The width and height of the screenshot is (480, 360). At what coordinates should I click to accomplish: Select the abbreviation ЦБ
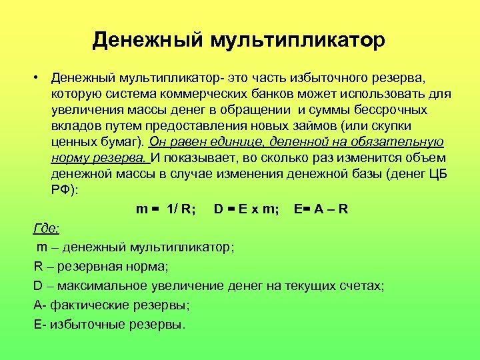pos(437,174)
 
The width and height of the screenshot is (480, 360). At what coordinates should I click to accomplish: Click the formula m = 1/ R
pos(165,209)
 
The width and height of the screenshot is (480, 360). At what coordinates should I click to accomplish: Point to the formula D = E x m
pos(247,209)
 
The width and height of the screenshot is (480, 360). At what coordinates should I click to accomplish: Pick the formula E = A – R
pos(321,209)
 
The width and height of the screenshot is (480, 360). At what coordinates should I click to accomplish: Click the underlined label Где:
pos(47,229)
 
